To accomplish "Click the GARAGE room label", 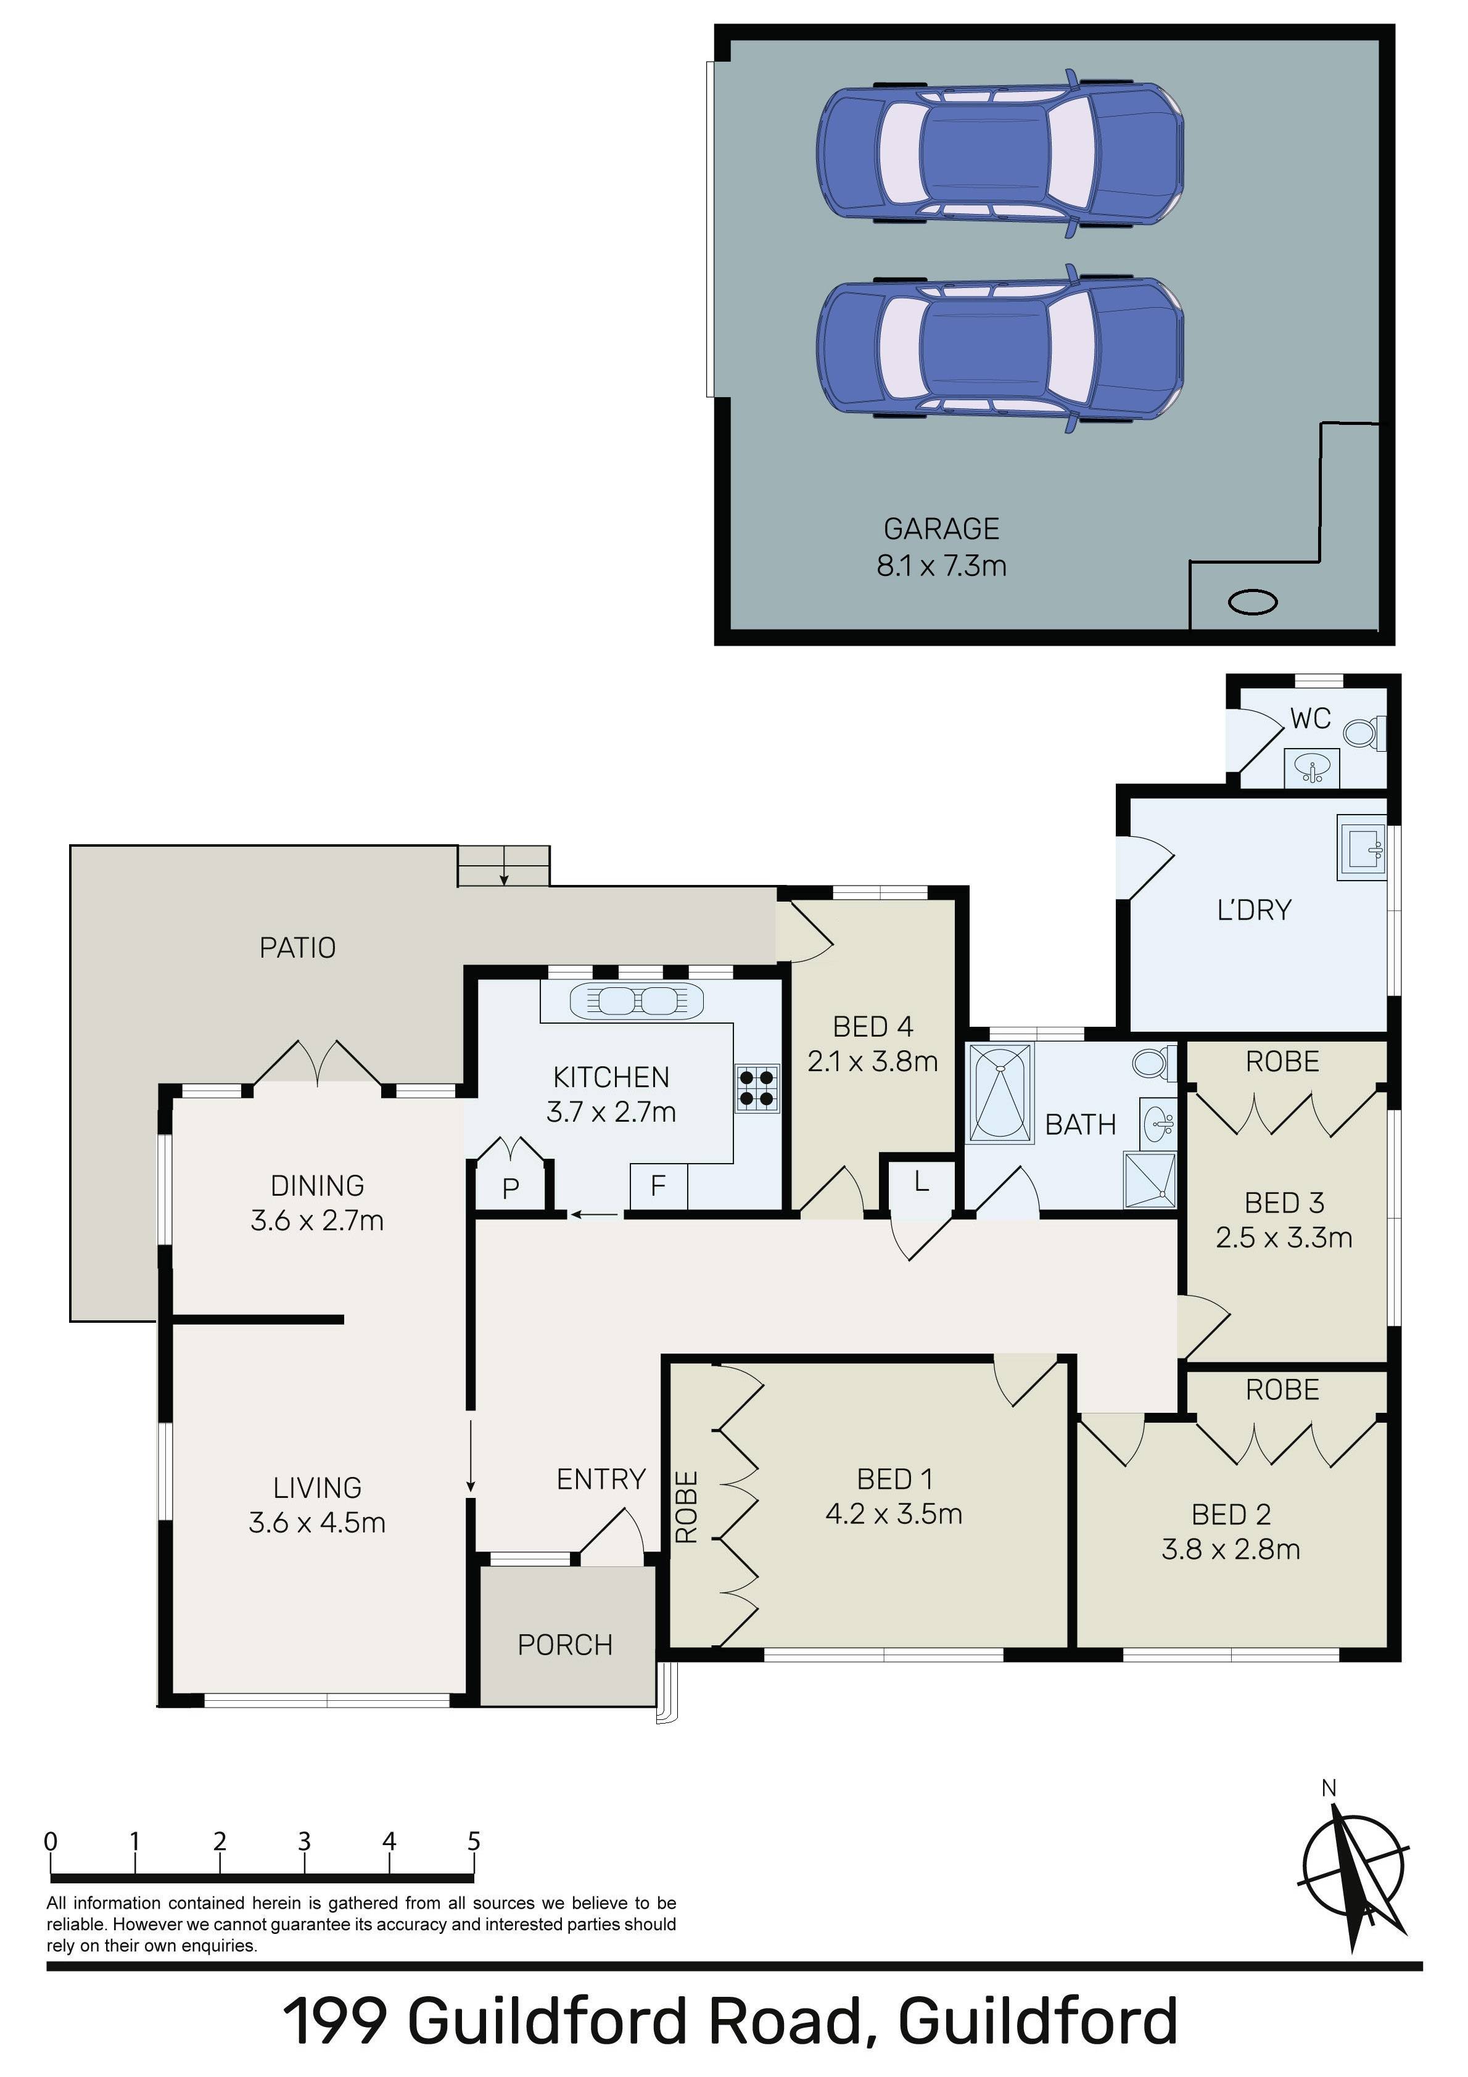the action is (x=941, y=529).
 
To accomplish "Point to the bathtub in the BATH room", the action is (x=1000, y=1093).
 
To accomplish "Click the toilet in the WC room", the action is (x=1365, y=732).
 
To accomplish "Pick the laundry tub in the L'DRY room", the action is (x=1362, y=847).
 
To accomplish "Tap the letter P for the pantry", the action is (x=511, y=1188).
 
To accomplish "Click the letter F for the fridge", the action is (x=658, y=1185).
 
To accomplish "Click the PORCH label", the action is (x=565, y=1645).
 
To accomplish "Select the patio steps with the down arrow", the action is (x=503, y=866).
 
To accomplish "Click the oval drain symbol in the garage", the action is (x=1253, y=601).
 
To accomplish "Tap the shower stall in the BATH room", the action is (x=1150, y=1180).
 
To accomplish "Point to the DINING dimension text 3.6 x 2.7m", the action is (x=317, y=1220).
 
